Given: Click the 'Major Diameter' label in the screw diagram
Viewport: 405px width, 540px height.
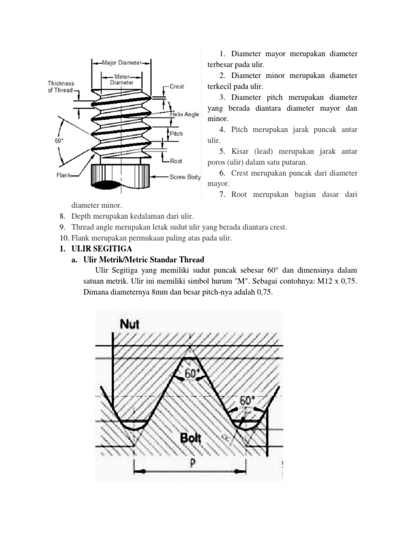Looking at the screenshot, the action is pos(121,63).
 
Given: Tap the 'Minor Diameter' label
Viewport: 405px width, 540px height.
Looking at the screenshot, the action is pos(121,79).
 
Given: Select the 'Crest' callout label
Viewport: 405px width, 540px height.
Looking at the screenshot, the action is pos(177,86).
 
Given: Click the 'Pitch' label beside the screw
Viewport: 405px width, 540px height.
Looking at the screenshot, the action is pos(176,134).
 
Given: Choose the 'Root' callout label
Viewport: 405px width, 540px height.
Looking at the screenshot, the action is pos(176,161).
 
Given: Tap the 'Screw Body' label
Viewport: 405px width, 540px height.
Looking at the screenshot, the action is pos(185,177).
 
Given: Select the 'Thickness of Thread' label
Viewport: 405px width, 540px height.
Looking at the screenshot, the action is pos(61,86).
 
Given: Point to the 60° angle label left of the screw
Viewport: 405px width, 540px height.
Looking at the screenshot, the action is pos(59,141).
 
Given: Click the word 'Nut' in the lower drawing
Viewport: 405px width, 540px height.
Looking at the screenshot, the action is pos(130,324).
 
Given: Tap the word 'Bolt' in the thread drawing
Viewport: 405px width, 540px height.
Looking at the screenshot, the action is pos(191,437).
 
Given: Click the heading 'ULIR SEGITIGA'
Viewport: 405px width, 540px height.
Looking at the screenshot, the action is pos(102,248).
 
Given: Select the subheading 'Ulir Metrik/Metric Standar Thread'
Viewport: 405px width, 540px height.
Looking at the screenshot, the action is pos(143,259).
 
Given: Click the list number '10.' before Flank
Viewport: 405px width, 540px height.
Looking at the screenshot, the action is pos(64,238).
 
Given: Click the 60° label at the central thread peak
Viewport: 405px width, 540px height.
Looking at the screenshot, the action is pos(191,373).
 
